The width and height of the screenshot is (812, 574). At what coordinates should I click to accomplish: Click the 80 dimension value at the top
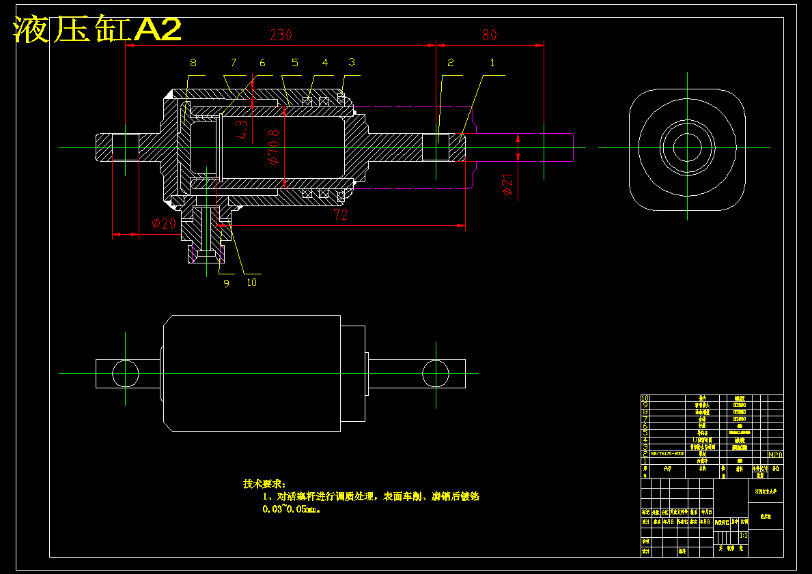click(489, 35)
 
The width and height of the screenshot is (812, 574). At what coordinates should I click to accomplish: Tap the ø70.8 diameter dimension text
click(274, 147)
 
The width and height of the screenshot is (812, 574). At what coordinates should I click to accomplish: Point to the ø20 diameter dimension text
click(164, 223)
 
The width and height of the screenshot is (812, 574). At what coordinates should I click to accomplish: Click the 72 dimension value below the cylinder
click(340, 214)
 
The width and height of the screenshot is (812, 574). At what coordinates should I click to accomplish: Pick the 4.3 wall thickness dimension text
click(241, 129)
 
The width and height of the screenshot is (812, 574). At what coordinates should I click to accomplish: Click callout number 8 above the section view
click(193, 63)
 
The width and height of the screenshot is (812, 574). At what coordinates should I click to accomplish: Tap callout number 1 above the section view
click(492, 63)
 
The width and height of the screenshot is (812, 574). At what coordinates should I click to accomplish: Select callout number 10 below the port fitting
click(251, 283)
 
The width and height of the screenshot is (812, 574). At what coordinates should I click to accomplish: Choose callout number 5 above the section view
click(295, 63)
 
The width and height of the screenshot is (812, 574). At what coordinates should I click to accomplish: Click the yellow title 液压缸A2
click(98, 30)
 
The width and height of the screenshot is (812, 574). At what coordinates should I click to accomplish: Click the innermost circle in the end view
click(687, 147)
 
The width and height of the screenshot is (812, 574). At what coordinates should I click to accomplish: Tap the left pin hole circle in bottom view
click(126, 373)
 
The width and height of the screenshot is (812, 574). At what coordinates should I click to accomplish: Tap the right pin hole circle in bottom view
click(436, 373)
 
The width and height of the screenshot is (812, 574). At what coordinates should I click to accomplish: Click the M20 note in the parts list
click(775, 454)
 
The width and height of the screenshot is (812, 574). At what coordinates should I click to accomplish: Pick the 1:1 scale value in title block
click(742, 536)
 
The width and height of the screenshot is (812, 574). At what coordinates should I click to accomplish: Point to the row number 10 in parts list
click(645, 398)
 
